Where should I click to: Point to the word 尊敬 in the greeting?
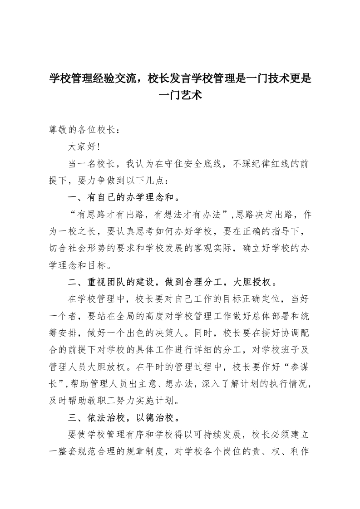click(x=58, y=130)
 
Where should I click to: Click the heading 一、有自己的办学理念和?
click(x=123, y=197)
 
